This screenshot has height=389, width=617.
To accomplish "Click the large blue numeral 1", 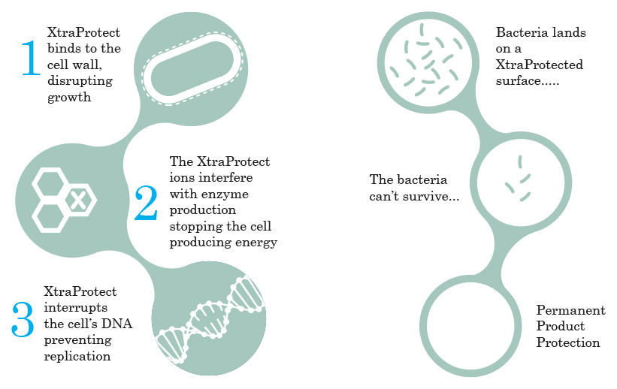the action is tap(31, 57).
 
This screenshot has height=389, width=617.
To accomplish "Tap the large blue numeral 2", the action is tap(146, 203).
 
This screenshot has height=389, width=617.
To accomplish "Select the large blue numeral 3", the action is tap(23, 319).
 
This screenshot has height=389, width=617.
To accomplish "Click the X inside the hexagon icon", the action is tap(78, 201).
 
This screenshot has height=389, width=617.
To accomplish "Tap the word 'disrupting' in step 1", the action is tap(80, 81).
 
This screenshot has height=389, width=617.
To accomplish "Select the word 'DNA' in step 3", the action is tap(116, 324).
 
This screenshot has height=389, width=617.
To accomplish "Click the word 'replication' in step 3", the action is tap(77, 357).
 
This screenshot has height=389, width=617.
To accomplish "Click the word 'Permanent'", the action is tap(570, 310).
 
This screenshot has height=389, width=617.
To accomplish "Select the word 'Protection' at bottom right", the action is tap(568, 342).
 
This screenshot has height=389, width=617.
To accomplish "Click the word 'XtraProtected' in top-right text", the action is tap(540, 65).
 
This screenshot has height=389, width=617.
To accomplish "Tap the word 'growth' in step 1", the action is tap(69, 98).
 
